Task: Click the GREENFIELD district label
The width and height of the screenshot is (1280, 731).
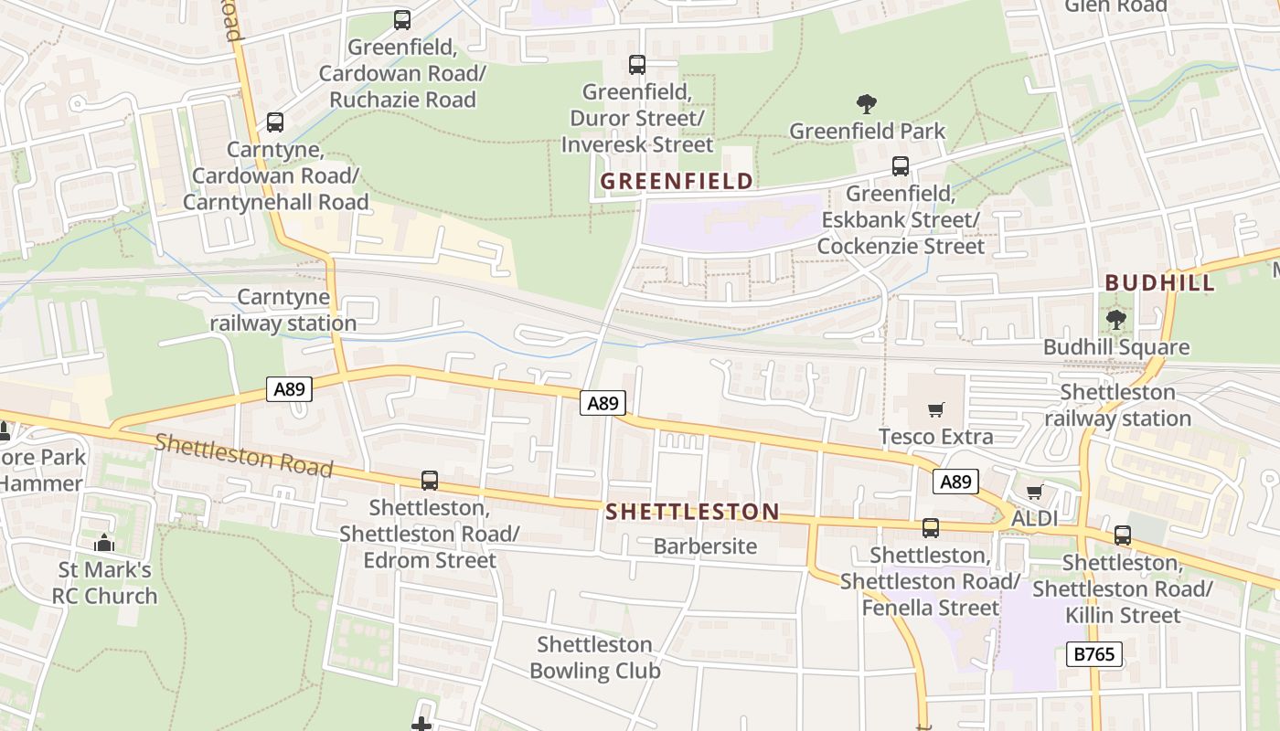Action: click(677, 181)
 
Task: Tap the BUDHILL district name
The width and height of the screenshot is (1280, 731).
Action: click(1160, 282)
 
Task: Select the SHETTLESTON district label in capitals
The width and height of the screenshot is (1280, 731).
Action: click(692, 512)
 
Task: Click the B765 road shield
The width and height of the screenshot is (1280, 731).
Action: click(1093, 653)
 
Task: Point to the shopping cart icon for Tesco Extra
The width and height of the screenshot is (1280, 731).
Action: click(935, 409)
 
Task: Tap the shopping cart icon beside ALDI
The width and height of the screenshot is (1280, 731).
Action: click(1034, 492)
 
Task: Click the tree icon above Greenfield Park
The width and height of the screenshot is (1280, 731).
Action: click(867, 103)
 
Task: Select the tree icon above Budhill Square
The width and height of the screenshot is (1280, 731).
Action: click(1115, 319)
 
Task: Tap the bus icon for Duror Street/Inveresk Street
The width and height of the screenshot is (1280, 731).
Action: click(637, 64)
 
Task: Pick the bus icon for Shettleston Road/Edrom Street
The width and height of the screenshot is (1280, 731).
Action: click(429, 480)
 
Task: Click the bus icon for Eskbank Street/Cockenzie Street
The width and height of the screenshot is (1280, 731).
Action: click(901, 165)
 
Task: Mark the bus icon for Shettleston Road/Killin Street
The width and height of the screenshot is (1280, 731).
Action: click(1122, 535)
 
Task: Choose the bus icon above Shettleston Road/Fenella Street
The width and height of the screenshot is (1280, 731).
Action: click(930, 527)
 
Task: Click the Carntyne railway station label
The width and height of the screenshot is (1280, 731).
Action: click(283, 310)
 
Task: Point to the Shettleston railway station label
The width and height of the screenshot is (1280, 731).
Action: click(1117, 405)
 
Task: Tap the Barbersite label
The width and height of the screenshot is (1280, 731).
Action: click(705, 546)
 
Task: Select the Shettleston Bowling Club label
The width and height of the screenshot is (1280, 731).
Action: click(594, 658)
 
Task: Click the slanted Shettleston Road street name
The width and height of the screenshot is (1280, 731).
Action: click(243, 455)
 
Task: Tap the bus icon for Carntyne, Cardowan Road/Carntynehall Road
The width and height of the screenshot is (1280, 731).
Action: click(274, 122)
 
